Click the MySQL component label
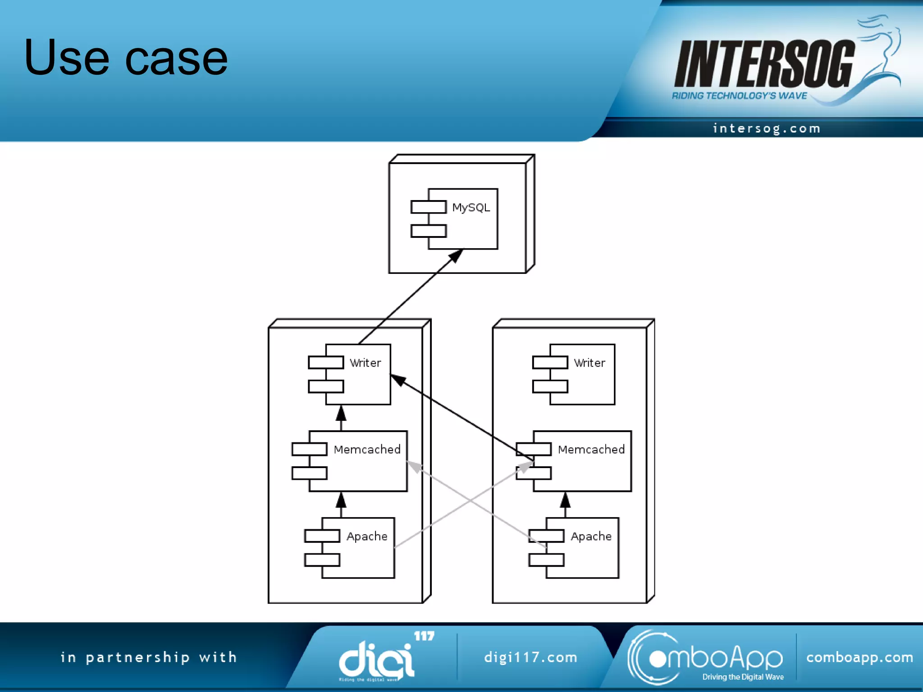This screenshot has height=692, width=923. pos(471,208)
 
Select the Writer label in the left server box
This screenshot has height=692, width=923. pos(365,363)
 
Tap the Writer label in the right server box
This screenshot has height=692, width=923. pos(589,363)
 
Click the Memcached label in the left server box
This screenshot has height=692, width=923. pos(367,450)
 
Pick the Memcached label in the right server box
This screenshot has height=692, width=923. pos(591,450)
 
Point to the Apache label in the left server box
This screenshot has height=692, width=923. pos(367,537)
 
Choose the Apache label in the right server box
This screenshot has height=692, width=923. pos(591,537)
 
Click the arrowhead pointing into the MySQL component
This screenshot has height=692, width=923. pos(456,256)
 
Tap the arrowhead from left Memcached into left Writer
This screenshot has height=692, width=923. pos(341,413)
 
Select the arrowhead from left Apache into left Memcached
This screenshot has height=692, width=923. pos(341,500)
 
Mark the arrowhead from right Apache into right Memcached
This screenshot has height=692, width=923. pos(565,500)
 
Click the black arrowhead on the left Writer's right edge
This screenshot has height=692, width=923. pos(398,380)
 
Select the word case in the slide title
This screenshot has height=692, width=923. pos(176,59)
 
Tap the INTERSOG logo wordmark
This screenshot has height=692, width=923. pos(764,64)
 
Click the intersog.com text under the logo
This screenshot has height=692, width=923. pos(767,129)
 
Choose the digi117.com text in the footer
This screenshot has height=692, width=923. pos(530,657)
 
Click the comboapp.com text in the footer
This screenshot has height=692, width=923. pos(859,657)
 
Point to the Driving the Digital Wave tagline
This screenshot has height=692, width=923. pos(743,677)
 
